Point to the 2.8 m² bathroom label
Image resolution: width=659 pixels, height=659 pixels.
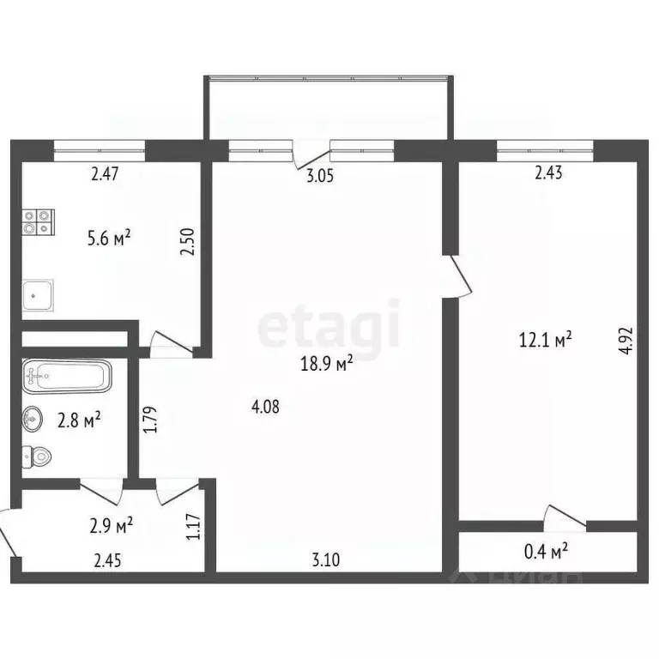point(79,420)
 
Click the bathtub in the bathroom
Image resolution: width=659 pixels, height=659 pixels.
point(66,375)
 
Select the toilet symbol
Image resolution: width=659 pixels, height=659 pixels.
point(37,456)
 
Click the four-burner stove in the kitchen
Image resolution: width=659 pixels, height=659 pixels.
point(39,223)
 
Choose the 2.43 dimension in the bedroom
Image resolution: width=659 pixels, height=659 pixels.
point(548,175)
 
